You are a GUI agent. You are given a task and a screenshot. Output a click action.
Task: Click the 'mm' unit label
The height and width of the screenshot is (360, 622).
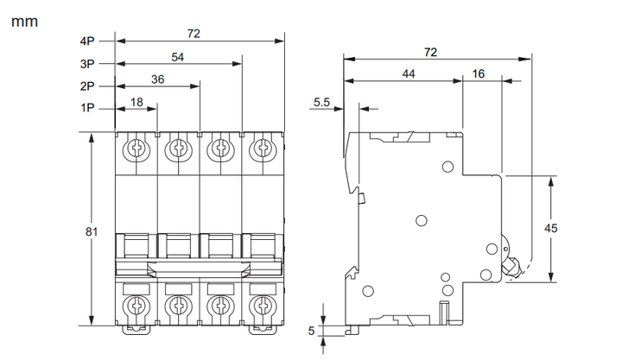pos(24,22)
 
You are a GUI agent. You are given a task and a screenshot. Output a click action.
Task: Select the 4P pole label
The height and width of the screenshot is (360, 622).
pos(87,41)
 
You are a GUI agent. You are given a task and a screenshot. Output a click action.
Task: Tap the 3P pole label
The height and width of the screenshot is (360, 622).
pos(87,64)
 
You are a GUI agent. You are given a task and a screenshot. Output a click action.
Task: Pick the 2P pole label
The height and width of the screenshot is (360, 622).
pos(87,86)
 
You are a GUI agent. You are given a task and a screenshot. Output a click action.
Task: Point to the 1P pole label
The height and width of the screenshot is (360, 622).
pos(87,108)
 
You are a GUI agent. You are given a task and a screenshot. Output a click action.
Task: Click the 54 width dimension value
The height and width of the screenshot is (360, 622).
pos(177,57)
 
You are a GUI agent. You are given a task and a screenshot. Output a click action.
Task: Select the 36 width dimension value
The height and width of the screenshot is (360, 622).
pos(157,79)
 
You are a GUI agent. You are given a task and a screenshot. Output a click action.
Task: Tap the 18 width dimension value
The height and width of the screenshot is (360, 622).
pos(136,102)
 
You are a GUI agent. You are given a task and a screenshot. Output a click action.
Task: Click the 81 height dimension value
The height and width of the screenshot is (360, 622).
pos(92,231)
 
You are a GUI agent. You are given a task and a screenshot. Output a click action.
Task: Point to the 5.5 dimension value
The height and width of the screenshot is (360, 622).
pos(321,102)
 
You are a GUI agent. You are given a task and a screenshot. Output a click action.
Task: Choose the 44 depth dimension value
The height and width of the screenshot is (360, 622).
pos(408,73)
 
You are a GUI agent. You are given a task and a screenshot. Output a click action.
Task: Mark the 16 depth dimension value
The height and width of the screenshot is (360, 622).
pos(479,73)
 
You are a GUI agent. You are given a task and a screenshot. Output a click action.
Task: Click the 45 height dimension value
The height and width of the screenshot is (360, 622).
pos(550,229)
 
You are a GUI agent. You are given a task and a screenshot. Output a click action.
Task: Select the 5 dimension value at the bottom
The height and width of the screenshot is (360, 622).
pos(311,331)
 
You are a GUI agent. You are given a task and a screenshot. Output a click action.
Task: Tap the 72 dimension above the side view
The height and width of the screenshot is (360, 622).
pos(430,53)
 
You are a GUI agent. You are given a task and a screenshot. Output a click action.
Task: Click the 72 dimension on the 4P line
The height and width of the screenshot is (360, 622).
pos(194,34)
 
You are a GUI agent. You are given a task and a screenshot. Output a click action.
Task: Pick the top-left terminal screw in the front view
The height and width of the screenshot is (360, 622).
pos(136,149)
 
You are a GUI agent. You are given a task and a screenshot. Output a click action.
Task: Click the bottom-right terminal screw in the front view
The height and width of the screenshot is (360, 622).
pos(263,306)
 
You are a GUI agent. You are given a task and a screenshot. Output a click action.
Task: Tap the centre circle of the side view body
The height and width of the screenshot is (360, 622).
pos(422,220)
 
